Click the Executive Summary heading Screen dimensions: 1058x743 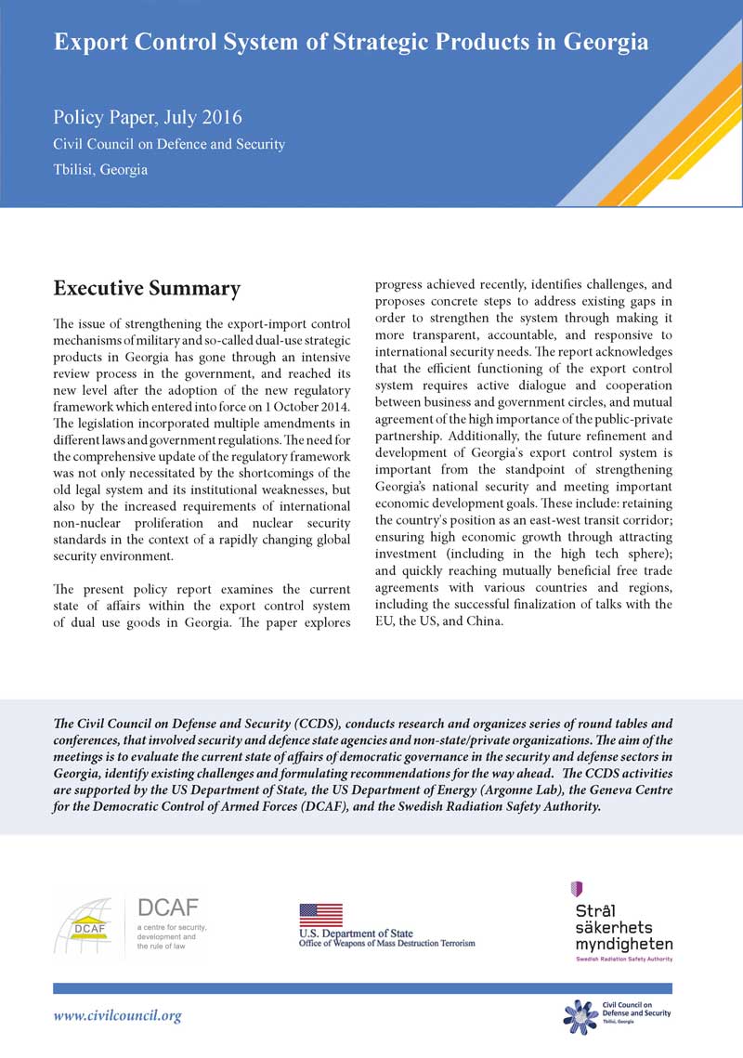coord(147,289)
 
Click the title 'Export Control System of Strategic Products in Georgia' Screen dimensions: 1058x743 coord(351,43)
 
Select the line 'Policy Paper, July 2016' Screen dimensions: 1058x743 coord(148,118)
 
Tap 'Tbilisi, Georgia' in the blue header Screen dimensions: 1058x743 coord(100,170)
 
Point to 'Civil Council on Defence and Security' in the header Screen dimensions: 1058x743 coord(169,145)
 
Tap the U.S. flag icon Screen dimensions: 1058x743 coord(320,915)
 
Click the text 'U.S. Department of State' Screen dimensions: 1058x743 coord(356,933)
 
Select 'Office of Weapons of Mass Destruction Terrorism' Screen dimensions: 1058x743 coord(386,944)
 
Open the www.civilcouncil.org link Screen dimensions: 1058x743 coord(118,1016)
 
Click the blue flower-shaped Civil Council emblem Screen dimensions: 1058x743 coord(580,1015)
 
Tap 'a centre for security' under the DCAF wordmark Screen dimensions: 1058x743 coord(172,927)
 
